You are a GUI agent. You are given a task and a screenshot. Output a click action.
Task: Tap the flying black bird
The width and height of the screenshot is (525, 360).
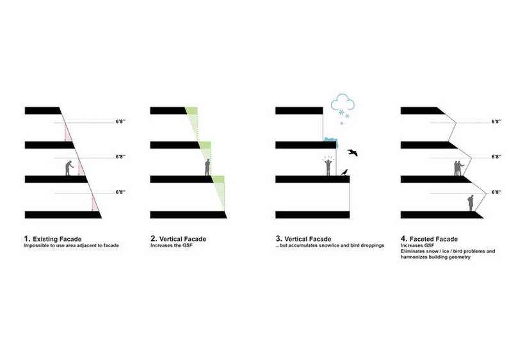[353, 152]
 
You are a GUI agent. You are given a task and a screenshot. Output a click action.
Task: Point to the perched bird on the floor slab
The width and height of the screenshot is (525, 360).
[344, 172]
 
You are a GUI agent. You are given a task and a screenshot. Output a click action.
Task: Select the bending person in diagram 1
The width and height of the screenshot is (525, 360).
[69, 168]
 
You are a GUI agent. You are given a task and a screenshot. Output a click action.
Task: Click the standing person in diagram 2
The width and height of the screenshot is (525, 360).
[207, 167]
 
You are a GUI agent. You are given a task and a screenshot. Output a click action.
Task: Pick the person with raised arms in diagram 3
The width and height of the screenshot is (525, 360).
[328, 167]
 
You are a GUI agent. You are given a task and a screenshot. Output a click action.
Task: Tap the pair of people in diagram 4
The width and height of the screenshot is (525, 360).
[458, 168]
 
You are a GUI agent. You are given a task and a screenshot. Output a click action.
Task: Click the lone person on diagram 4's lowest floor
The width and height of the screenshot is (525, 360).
[471, 203]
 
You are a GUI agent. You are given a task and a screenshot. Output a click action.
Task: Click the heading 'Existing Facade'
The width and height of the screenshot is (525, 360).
[57, 239]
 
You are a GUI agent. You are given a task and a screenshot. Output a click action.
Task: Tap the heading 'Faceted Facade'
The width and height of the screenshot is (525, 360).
[433, 239]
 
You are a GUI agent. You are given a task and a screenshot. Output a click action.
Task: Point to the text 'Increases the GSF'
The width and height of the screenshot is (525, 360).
[172, 245]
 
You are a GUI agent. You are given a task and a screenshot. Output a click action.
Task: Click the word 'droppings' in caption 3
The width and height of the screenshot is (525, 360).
[373, 245]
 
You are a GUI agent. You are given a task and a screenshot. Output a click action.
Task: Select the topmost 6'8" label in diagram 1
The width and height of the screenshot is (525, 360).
[120, 121]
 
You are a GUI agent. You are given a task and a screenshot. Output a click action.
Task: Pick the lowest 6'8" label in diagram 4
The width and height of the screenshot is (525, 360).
[497, 192]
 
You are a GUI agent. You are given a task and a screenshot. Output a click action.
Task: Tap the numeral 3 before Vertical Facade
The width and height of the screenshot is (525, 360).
[279, 238]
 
